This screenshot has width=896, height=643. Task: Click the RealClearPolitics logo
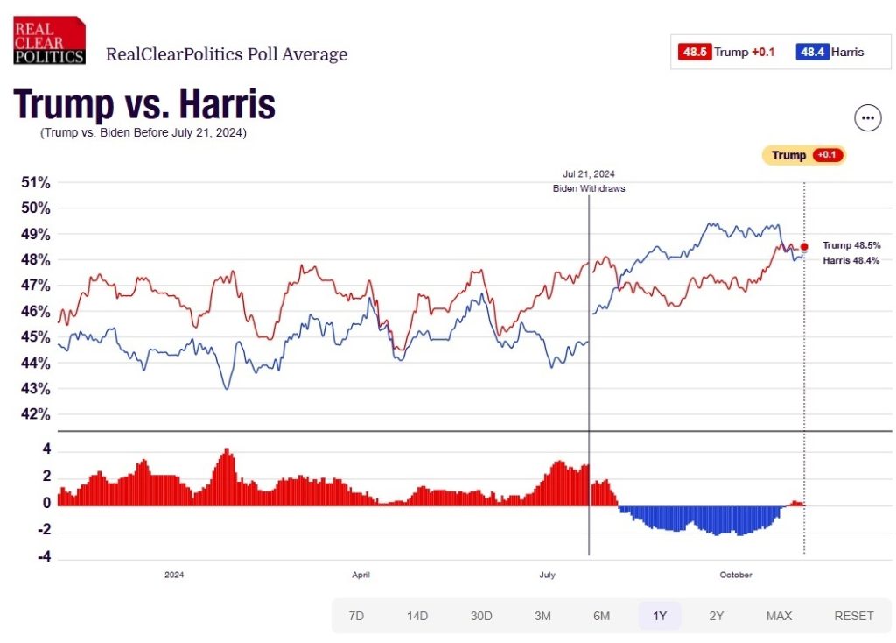(x=49, y=40)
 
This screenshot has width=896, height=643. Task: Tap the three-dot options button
(x=867, y=118)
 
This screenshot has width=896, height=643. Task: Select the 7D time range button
(x=356, y=616)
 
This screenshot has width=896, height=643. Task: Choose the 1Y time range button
(x=660, y=616)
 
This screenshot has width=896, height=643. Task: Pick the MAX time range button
(x=779, y=616)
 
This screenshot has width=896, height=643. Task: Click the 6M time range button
(x=601, y=616)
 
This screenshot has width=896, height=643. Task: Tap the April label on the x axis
(x=360, y=575)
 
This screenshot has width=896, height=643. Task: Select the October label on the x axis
(x=736, y=575)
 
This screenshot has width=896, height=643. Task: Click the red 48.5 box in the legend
(x=695, y=52)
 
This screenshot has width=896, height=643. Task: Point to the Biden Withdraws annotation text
(x=589, y=188)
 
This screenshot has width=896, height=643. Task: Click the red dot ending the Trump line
(x=804, y=247)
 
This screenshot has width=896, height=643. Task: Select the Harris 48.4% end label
(x=850, y=261)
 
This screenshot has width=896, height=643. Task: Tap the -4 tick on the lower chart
(x=42, y=556)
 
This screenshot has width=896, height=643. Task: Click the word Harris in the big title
(x=227, y=105)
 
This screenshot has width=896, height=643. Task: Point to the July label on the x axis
(x=547, y=575)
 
